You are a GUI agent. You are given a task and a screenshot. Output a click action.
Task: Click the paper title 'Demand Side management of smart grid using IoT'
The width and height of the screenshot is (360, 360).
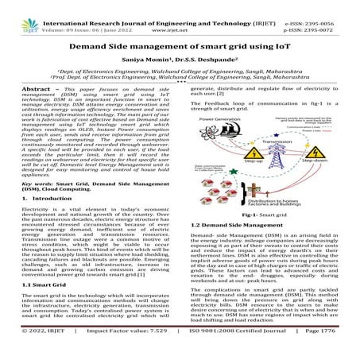pyautogui.click(x=180, y=49)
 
